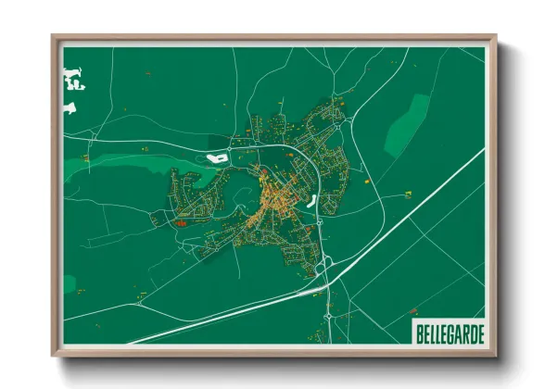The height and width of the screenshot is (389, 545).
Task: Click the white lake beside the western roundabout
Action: [x=217, y=157]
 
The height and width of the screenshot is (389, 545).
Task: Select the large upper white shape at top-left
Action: [x=71, y=79]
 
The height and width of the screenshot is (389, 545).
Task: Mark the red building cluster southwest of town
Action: [x=180, y=222]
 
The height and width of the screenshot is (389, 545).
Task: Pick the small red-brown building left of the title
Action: [x=398, y=324]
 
